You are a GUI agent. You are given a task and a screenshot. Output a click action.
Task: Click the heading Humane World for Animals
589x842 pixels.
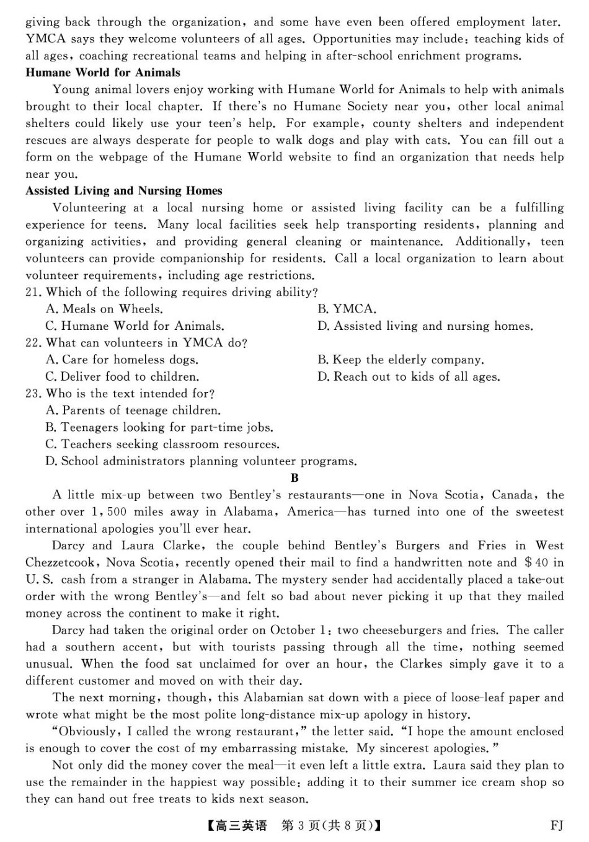[x=103, y=73]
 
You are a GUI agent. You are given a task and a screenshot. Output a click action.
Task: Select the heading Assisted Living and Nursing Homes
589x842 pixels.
[x=123, y=191]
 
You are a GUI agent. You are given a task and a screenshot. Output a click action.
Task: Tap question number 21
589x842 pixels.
[x=33, y=292]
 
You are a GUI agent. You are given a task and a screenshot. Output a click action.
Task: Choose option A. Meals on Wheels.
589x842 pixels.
[x=104, y=309]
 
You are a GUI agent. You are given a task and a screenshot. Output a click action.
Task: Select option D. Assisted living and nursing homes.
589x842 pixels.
[x=425, y=326]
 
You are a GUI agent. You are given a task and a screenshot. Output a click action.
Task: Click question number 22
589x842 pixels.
[x=33, y=343]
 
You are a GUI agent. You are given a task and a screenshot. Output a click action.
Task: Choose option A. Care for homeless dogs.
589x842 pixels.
[x=122, y=360]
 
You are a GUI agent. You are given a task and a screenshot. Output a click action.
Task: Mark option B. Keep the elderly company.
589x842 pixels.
[x=401, y=360]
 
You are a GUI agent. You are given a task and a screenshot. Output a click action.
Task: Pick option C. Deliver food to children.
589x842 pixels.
[x=122, y=377]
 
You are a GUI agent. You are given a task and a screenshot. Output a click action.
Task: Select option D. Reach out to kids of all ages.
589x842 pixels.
[x=409, y=377]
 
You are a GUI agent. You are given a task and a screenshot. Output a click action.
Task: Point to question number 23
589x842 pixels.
[x=33, y=394]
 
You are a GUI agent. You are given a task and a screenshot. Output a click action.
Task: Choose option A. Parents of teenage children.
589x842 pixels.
[x=133, y=410]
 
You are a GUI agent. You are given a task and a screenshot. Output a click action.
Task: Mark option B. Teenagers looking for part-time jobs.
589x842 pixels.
[x=159, y=428]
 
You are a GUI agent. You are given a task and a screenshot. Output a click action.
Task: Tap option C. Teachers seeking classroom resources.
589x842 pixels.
[x=162, y=445]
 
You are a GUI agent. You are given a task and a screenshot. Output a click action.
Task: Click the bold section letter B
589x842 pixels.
[x=294, y=478]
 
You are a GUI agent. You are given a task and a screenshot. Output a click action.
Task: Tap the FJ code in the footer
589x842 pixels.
[x=557, y=826]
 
